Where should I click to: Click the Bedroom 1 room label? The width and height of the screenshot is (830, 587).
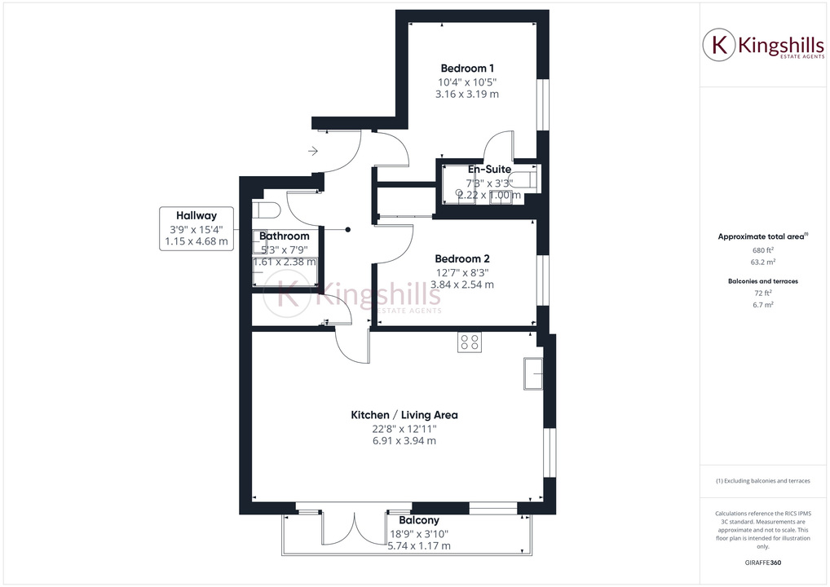coord(467,68)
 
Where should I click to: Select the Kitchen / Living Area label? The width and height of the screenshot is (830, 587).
coord(404,415)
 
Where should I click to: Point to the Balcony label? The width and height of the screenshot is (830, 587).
coord(419,520)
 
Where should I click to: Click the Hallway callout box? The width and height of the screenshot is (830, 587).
coord(196,228)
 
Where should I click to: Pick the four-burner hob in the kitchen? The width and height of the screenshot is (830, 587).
coord(469,342)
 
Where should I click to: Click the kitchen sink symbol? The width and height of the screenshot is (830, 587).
coord(534,374)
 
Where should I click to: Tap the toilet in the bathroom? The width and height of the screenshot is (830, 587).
coord(266,210)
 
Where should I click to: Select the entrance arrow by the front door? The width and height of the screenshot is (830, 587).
coord(314,151)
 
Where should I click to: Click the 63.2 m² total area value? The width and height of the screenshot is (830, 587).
coord(762,263)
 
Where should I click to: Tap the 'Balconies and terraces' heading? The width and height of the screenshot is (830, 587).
coord(762,280)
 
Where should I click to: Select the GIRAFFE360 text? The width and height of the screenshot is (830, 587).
coord(762,563)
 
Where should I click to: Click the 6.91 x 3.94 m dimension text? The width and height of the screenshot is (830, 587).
coord(404,441)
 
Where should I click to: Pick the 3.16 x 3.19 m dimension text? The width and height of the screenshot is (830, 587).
coord(467,95)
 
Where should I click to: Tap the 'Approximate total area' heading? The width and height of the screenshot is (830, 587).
coord(762,236)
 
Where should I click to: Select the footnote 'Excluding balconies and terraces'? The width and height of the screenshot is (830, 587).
coord(762,481)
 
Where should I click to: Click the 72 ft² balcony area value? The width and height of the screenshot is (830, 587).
coord(762,292)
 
